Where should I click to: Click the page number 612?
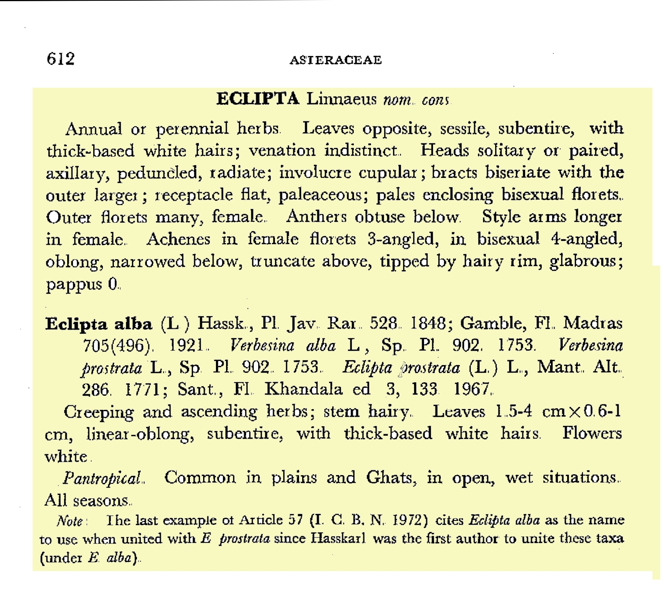coord(61,59)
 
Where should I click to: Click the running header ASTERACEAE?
coord(336,60)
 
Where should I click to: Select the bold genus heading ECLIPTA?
coord(257,99)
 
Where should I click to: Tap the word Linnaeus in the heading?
coord(341,99)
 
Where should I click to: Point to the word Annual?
coord(94,129)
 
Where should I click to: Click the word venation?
coord(282,151)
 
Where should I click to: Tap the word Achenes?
coord(178,239)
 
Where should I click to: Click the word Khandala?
coord(303,389)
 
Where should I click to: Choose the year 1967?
coord(473,389)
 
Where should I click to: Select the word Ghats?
coord(391,477)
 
